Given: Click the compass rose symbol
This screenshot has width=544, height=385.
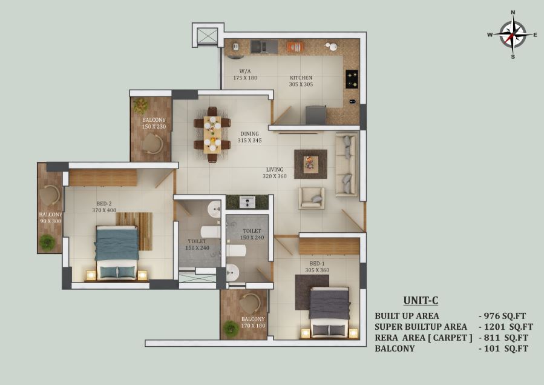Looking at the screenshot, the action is click(x=513, y=35).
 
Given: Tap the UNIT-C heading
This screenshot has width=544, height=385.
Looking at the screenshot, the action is click(x=421, y=300).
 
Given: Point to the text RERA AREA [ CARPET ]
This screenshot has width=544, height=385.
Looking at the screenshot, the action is click(x=423, y=338).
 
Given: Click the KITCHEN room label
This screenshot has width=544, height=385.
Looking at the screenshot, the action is click(x=301, y=78).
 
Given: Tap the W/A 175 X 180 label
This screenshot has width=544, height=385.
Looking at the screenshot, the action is click(x=245, y=75).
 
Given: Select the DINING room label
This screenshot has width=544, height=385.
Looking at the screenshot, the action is click(x=250, y=133).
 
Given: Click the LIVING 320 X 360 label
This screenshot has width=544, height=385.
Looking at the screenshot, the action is click(x=275, y=173).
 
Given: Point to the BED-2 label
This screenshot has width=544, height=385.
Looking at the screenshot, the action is click(x=104, y=204).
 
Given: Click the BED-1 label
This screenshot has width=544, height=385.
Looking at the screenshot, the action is click(x=317, y=263).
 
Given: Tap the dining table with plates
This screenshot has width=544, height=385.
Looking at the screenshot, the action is click(x=212, y=135).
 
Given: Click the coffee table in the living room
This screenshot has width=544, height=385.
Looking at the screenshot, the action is click(x=310, y=164).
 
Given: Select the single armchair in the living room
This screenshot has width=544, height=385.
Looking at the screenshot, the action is click(x=312, y=198).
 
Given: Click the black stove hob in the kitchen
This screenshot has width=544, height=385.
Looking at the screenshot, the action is click(x=352, y=79).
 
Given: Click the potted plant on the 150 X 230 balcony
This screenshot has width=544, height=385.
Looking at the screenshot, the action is click(x=141, y=106).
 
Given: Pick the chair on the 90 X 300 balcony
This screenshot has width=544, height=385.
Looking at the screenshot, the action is click(x=51, y=196).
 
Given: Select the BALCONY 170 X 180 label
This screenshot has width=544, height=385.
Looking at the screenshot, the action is click(x=253, y=322).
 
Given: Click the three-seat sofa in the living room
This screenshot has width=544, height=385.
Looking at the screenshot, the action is click(x=347, y=164).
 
